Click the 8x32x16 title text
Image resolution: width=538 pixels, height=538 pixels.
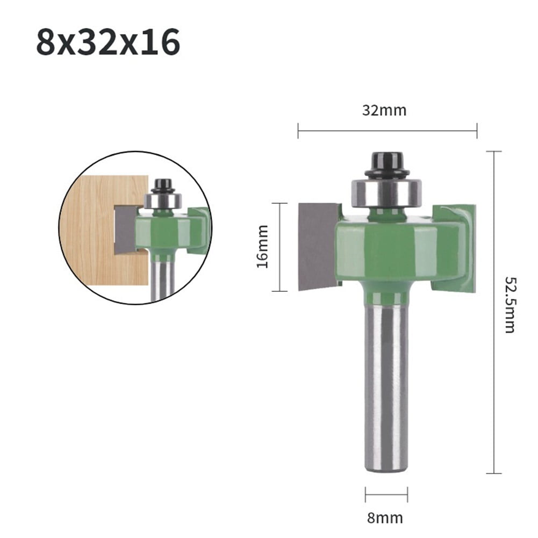107,43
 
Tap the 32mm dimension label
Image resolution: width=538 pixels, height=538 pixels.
384,111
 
